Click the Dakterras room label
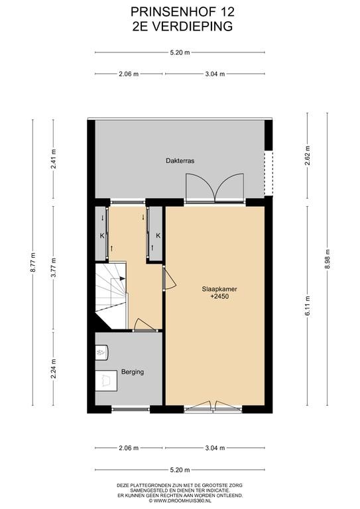tap(180, 160)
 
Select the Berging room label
tap(133, 372)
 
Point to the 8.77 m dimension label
tap(32, 262)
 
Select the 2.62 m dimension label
tap(308, 156)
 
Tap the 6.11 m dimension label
tap(308, 306)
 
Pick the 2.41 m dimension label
tap(54, 159)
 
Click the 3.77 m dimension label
tap(54, 267)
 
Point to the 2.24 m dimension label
tap(54, 368)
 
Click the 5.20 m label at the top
tap(180, 52)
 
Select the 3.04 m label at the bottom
tap(215, 448)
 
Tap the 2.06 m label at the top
tap(129, 74)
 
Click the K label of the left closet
tap(102, 236)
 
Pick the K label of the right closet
tap(158, 236)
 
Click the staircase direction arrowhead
tap(123, 278)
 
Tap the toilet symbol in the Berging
tap(102, 352)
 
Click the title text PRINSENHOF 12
tap(182, 12)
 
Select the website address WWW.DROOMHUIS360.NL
tap(180, 500)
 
